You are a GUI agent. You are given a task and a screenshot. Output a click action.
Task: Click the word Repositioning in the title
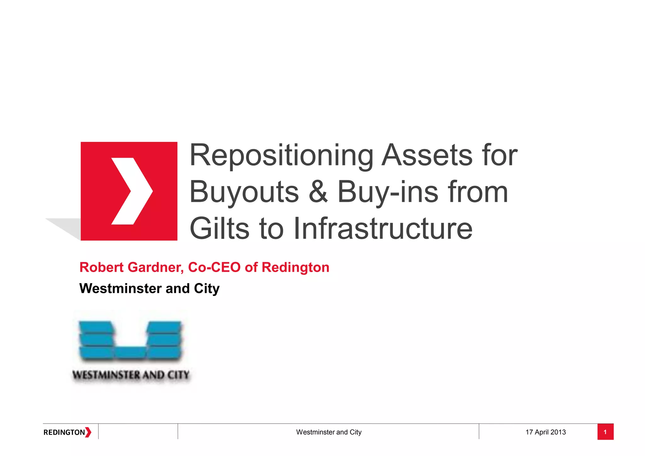coord(281,156)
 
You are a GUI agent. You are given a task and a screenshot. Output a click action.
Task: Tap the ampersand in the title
coord(318,192)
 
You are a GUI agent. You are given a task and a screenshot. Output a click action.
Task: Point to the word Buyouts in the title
coord(244,192)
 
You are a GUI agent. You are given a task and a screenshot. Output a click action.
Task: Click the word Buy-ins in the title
coord(388,192)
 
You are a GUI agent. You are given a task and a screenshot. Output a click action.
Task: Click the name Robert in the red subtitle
coord(101,267)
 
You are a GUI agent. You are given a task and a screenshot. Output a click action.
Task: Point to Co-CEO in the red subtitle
coord(214,267)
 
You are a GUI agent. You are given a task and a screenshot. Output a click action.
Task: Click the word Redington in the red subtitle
coord(295,267)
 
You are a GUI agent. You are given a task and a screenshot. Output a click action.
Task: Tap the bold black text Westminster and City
coord(149,288)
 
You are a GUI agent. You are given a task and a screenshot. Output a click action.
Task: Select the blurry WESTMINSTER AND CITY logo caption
coord(131,375)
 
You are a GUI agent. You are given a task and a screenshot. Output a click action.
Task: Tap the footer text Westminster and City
coord(328,432)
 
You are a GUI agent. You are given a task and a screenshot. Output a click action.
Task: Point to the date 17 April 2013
coord(545,432)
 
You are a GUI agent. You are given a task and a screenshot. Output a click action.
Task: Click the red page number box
coord(605,432)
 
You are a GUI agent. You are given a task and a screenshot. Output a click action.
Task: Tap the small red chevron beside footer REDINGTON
coord(88,432)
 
